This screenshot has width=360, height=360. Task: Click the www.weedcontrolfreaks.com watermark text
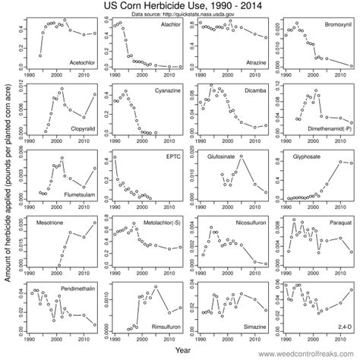[x=305, y=355]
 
